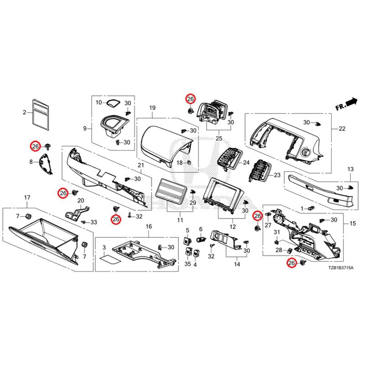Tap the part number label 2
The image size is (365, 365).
[25, 113]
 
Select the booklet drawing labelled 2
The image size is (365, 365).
[41, 115]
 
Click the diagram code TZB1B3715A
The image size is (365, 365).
[341, 268]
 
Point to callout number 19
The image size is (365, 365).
[152, 108]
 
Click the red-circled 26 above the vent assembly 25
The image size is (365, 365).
[190, 99]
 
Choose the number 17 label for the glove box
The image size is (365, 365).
[27, 198]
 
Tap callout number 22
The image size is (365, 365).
[342, 129]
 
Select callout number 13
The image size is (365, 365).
[350, 169]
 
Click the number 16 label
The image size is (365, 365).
[149, 226]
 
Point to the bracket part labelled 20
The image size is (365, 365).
[77, 213]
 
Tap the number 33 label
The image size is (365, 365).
[94, 222]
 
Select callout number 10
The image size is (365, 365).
[99, 102]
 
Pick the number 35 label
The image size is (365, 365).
[188, 264]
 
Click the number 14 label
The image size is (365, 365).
[237, 264]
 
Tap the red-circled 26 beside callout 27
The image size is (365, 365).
[257, 216]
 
